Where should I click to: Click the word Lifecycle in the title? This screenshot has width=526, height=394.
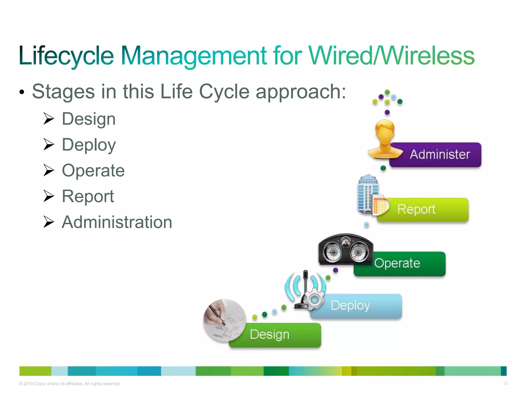tap(66, 56)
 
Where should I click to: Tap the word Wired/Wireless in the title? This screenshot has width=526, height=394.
tap(391, 56)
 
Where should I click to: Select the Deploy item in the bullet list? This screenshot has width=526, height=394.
tap(89, 145)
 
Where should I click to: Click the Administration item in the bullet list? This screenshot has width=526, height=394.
tap(117, 222)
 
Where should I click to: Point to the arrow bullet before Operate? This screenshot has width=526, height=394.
tap(49, 170)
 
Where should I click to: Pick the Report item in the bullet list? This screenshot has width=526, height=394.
tap(88, 196)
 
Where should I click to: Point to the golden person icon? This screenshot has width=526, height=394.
tap(384, 140)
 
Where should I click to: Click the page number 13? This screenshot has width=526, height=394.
tap(505, 383)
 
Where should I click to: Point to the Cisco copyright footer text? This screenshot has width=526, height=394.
tap(70, 384)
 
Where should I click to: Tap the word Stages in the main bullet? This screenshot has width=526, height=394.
tap(63, 92)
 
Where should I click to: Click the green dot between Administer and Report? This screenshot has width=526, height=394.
tap(383, 168)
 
